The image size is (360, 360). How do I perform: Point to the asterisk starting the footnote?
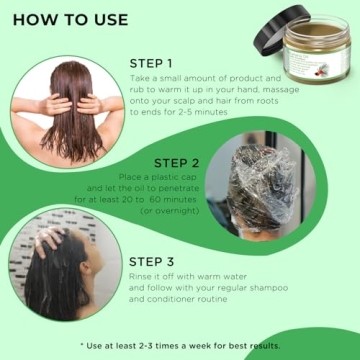click(82, 345)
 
